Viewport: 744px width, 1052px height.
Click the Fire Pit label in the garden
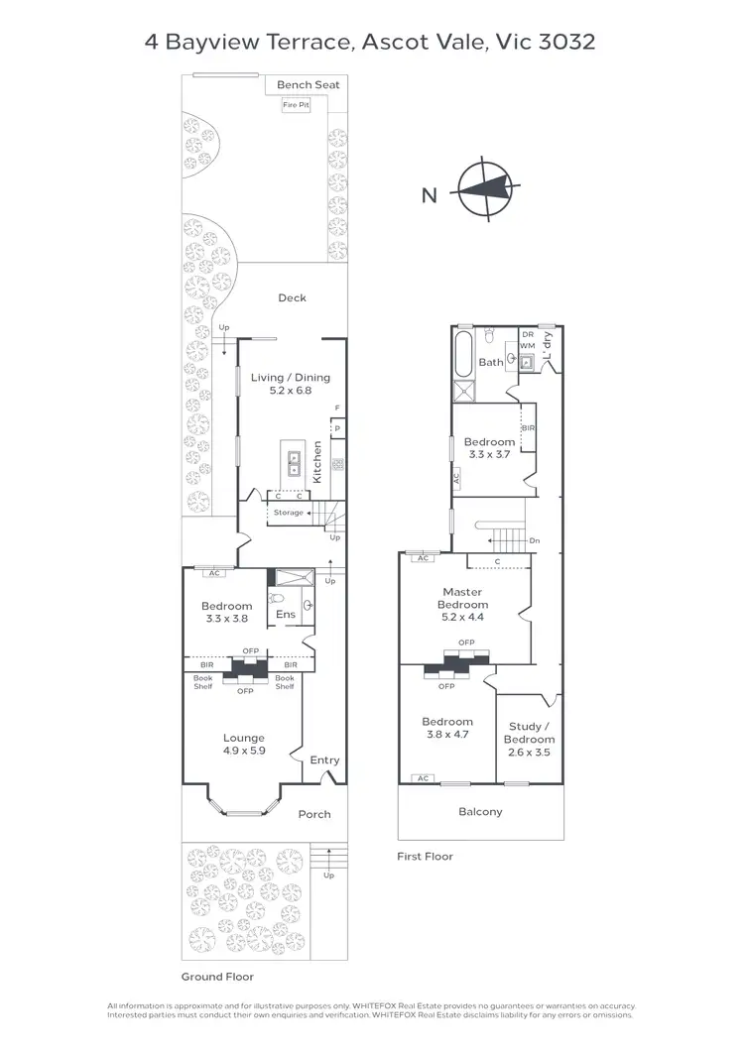coord(296,104)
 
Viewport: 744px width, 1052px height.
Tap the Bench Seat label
coord(308,85)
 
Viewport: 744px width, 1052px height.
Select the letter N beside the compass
coord(429,195)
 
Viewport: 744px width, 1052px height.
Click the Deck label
coord(292,297)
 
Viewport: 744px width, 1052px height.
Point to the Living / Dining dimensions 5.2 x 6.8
coord(290,391)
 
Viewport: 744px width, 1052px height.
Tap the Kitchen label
coord(317,462)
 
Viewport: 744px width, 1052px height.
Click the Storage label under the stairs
coord(289,513)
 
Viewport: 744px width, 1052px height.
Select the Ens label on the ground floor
coord(285,615)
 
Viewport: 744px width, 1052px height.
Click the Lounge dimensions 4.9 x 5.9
coord(244,751)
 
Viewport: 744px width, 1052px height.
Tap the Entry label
coord(324,760)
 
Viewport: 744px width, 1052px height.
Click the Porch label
coord(314,814)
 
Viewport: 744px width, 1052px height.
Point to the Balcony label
coord(480,811)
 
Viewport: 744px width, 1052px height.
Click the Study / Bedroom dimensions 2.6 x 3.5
coord(529,753)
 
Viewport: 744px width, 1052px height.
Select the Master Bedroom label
coord(462,598)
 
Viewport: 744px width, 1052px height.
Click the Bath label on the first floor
coord(491,363)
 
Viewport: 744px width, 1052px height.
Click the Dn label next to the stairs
coord(535,540)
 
